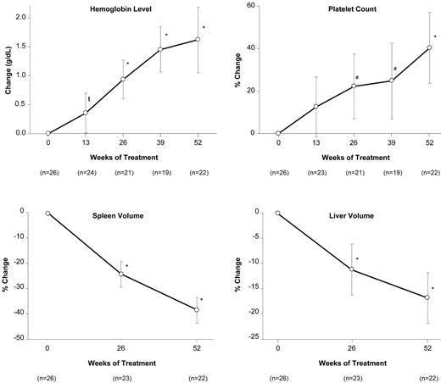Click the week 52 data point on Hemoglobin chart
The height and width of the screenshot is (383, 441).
[198, 39]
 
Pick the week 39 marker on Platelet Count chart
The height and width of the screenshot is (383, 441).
[392, 80]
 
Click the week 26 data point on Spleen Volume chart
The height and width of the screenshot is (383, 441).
[122, 274]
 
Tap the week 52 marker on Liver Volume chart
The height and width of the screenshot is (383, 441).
[428, 297]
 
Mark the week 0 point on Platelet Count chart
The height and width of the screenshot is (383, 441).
[278, 133]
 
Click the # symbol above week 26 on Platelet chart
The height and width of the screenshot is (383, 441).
[357, 78]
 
